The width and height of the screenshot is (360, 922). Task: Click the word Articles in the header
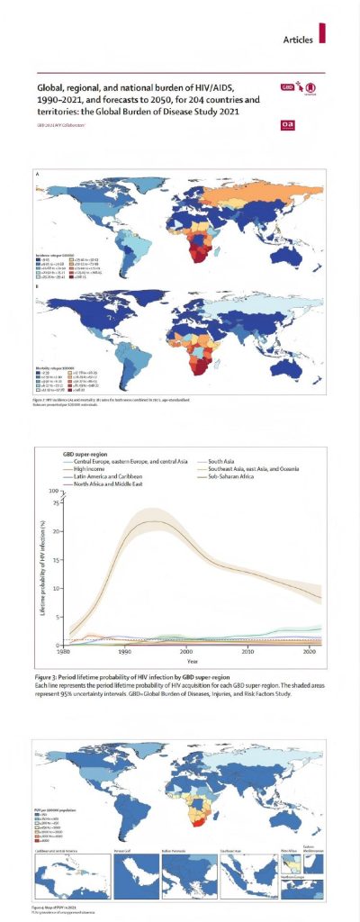tap(298, 40)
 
